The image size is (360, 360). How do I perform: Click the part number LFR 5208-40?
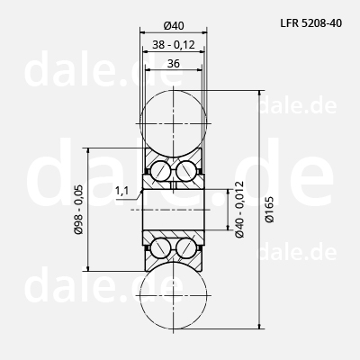311,23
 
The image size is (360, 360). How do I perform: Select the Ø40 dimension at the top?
174,26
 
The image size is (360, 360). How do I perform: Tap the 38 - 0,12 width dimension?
174,45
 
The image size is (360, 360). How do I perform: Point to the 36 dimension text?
174,64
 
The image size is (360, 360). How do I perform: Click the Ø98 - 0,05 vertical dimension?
79,210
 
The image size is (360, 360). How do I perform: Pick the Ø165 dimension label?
269,209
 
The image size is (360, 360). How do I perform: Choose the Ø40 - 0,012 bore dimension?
239,210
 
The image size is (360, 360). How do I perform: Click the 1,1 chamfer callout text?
121,190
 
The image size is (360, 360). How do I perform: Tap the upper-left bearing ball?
161,171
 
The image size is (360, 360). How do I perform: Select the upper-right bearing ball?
186,171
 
